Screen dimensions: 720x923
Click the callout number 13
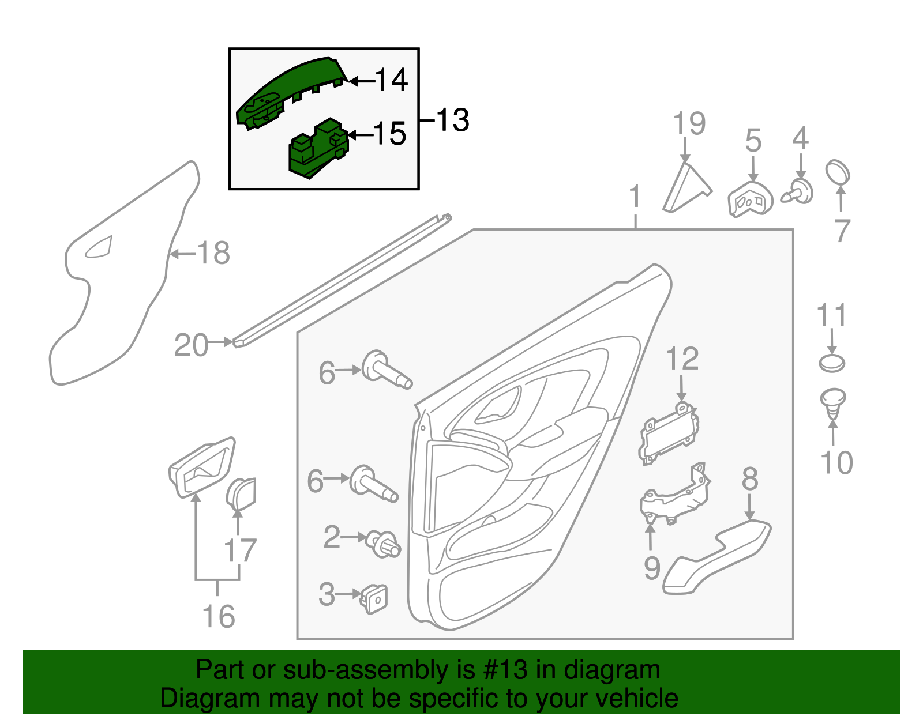[452, 120]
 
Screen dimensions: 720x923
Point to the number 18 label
[213, 253]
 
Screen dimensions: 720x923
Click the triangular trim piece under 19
[686, 187]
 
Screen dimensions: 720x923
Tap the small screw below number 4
[798, 192]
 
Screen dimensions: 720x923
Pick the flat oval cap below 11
[832, 363]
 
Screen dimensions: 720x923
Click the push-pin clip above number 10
[832, 404]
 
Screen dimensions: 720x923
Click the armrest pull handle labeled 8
[716, 556]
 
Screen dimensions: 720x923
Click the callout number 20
[191, 345]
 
